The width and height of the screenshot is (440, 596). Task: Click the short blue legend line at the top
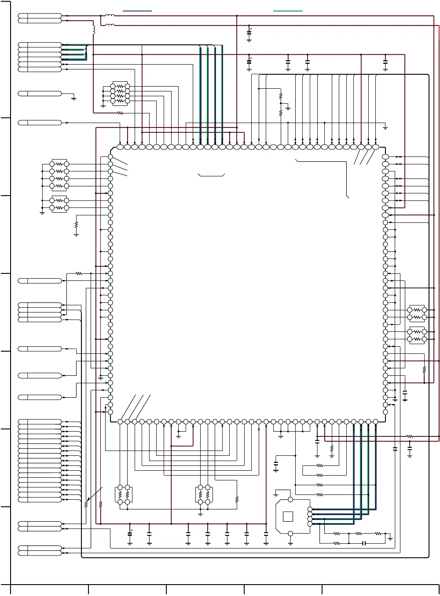click(137, 10)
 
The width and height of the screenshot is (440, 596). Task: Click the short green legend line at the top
click(288, 10)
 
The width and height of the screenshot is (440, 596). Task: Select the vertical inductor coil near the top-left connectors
click(94, 29)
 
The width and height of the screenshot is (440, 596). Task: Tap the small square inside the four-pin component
click(288, 516)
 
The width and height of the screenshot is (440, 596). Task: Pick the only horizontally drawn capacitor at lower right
click(364, 543)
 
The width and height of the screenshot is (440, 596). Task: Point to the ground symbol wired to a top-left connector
click(73, 98)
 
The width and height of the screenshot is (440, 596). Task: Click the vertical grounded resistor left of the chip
click(76, 225)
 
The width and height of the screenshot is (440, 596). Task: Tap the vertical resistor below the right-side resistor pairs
click(424, 370)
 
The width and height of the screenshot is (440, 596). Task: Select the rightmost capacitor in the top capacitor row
click(385, 62)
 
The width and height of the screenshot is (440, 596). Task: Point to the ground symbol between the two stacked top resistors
click(288, 107)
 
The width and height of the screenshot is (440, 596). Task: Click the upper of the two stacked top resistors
click(280, 96)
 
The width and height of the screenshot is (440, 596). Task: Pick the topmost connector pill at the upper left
click(40, 16)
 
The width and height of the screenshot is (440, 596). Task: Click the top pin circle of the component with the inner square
click(290, 500)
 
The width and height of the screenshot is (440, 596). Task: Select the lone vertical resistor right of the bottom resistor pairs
click(237, 500)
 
